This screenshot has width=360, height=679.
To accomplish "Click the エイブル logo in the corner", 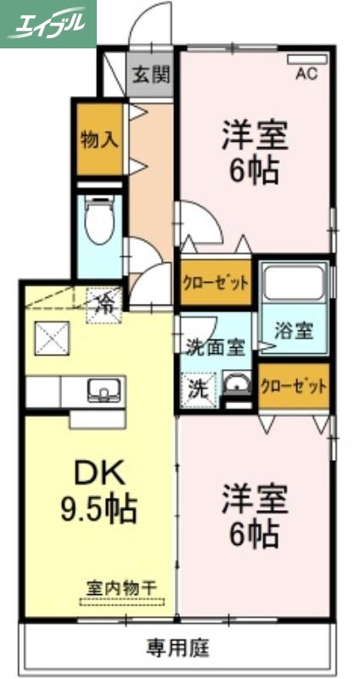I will pyautogui.click(x=47, y=23).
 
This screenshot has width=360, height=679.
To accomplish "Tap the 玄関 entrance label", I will pyautogui.click(x=150, y=74).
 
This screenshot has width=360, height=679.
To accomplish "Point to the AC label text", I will pyautogui.click(x=306, y=75).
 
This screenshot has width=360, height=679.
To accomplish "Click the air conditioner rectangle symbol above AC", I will pyautogui.click(x=306, y=59).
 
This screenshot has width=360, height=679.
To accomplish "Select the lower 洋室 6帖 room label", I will pyautogui.click(x=254, y=513).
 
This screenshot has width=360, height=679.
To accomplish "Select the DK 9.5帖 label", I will pyautogui.click(x=98, y=492).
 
